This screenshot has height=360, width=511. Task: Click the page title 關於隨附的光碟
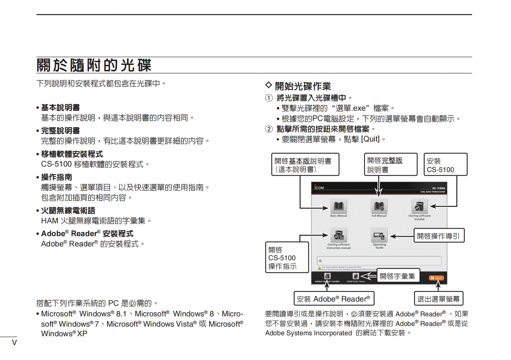94,65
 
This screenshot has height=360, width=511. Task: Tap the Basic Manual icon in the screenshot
338,206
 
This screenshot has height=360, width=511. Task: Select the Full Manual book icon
379,206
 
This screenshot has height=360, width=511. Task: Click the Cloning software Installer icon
419,206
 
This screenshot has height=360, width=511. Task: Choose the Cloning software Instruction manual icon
338,235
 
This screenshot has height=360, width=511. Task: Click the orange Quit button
436,278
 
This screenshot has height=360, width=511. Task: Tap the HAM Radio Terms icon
355,276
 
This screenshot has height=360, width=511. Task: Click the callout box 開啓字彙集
398,276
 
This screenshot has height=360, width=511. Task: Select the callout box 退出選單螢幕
438,299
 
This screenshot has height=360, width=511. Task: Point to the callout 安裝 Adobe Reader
334,299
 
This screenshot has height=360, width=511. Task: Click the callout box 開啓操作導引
438,236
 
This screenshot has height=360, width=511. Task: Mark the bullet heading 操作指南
56,177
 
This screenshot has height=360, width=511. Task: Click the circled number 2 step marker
269,129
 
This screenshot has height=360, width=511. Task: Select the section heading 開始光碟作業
303,86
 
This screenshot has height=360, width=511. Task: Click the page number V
14,342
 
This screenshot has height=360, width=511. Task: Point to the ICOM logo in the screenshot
319,187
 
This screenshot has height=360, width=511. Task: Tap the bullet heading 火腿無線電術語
68,210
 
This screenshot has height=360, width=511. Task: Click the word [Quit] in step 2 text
370,139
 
